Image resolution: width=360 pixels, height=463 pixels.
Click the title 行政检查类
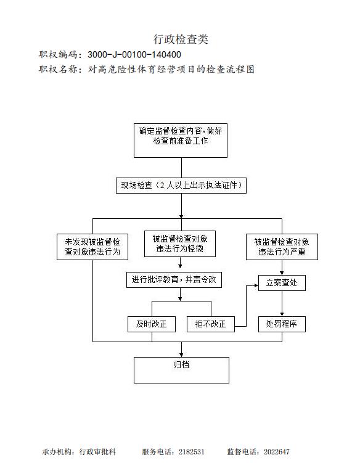pos(181,39)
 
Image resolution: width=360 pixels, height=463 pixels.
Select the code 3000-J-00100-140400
pos(134,55)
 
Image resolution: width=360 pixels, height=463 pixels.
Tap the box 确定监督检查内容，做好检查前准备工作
pos(181,141)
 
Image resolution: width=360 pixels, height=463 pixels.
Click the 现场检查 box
pos(181,186)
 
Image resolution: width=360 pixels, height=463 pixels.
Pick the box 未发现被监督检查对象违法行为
pos(92,247)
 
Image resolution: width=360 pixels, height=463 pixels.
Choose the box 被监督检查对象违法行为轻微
pos(180,244)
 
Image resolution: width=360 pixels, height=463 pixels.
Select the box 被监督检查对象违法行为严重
pos(282,247)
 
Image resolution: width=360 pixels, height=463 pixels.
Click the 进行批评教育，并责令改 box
pos(174,280)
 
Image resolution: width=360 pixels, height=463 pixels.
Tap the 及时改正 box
pos(152,324)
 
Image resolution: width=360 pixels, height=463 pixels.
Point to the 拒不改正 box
pos(211,324)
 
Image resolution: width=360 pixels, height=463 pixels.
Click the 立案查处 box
pos(282,283)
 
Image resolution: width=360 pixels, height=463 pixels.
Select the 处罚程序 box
pos(282,324)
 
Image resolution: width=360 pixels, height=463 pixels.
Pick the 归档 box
pos(181,371)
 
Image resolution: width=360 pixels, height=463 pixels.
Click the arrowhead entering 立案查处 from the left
pos(256,285)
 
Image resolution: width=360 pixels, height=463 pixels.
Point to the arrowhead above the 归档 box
pos(181,355)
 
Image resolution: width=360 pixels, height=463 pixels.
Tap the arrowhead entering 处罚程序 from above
pos(282,314)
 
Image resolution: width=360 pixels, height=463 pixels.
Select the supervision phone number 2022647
pos(276,452)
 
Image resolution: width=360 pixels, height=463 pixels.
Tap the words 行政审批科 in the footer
pos(97,452)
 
